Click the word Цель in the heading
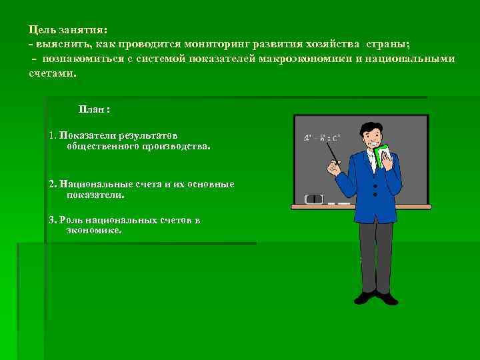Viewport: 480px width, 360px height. click(42, 30)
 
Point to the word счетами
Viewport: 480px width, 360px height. click(52, 73)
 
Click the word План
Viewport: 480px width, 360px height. click(93, 109)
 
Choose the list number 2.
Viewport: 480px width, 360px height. click(52, 183)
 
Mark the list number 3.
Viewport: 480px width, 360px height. click(52, 219)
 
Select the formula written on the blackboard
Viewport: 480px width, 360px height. click(321, 138)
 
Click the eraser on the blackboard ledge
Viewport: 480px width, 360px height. click(313, 199)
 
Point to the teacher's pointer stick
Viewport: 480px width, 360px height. click(331, 153)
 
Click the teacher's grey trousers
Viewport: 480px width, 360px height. click(375, 257)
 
